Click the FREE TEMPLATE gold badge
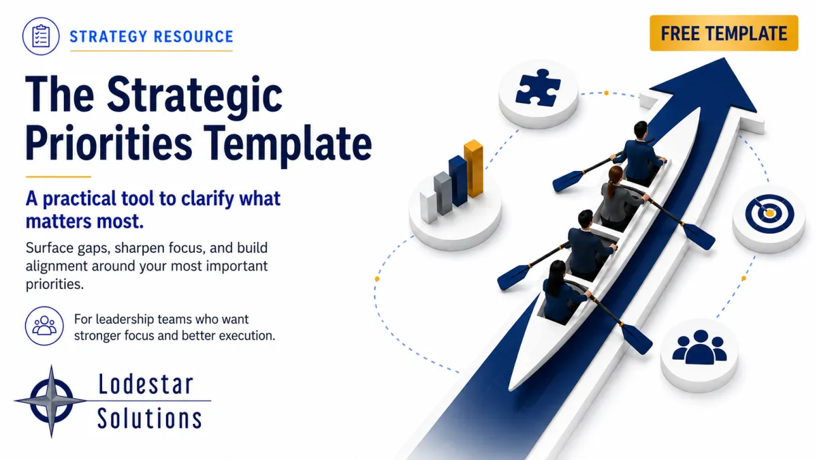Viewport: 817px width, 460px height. point(724,33)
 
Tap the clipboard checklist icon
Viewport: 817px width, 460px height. point(41,36)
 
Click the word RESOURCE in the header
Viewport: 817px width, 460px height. point(193,37)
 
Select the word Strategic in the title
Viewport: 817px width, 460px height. point(195,95)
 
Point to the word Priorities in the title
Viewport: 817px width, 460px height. point(109,143)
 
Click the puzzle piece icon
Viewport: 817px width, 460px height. point(538,88)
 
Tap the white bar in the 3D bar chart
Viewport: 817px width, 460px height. point(428,206)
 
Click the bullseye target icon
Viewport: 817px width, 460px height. point(769,213)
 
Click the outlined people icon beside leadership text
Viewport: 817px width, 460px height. point(44,326)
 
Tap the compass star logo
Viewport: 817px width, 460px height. point(51,401)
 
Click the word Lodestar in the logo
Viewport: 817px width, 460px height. point(146,384)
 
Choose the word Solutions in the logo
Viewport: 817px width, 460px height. point(150,418)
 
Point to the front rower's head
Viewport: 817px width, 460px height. point(641,129)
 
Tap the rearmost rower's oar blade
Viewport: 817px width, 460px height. point(637,339)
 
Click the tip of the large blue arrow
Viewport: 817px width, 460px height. point(724,58)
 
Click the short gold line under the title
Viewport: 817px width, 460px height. point(59,177)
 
